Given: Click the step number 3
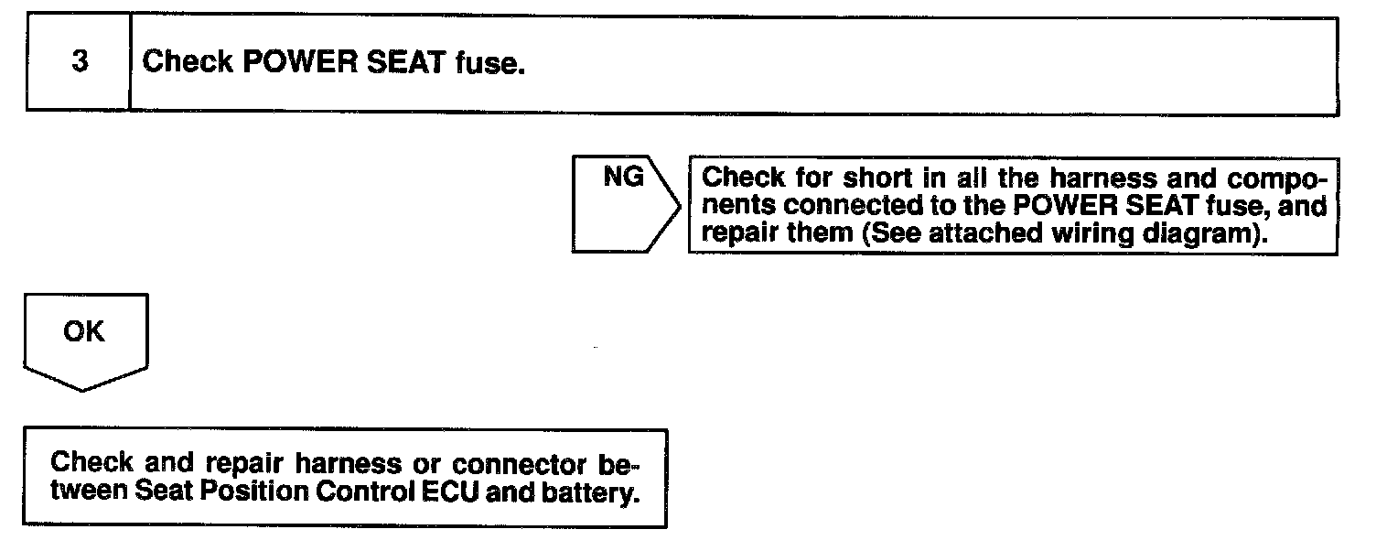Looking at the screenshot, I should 79,65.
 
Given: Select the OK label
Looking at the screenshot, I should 84,332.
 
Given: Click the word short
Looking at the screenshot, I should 881,179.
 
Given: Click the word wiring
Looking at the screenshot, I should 1080,232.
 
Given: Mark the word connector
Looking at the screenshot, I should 511,462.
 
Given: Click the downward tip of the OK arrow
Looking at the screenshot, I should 84,389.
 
